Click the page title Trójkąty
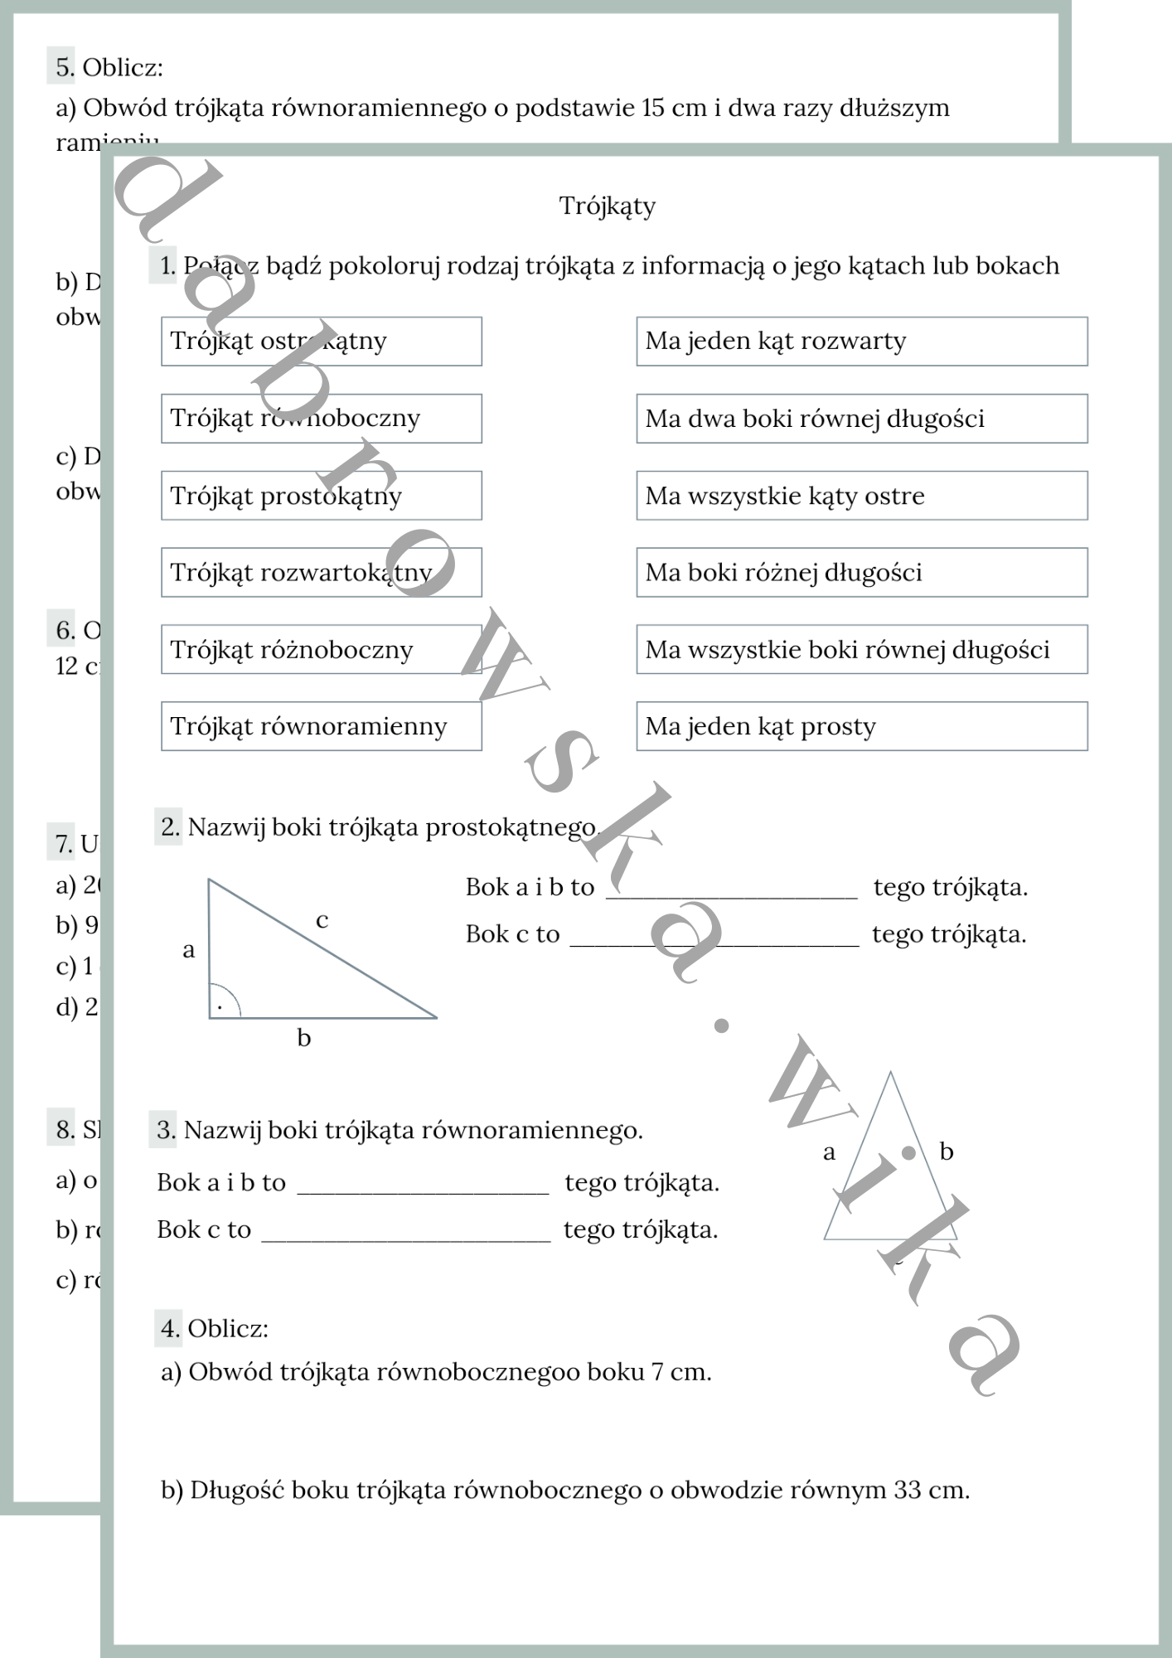(x=607, y=206)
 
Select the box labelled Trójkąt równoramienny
(x=321, y=726)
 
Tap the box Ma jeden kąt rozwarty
(x=861, y=341)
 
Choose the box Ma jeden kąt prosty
(x=861, y=726)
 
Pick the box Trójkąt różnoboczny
(x=321, y=649)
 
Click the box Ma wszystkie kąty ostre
(x=861, y=496)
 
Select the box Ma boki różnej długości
(x=861, y=572)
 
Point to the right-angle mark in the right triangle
(x=221, y=1004)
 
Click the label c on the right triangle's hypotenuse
(x=322, y=919)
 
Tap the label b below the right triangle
(x=304, y=1038)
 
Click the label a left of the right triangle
(x=189, y=950)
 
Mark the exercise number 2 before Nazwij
(x=170, y=827)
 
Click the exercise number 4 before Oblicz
(x=170, y=1328)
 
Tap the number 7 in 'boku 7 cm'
(x=656, y=1372)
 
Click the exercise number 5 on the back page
(x=64, y=67)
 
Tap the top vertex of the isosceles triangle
(x=890, y=1073)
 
